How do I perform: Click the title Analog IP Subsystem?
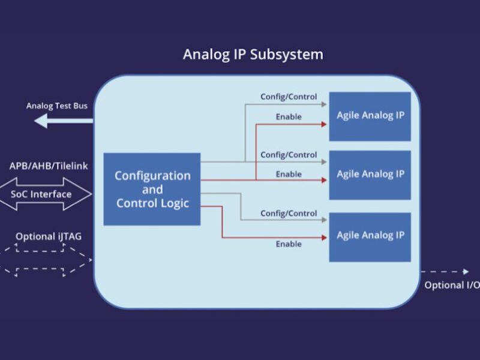point(253,55)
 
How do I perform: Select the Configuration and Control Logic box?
point(152,189)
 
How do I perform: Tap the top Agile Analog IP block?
point(370,116)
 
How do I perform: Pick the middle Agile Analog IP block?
point(370,175)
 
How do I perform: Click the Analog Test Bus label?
point(57,106)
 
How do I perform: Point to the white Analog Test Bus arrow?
point(63,121)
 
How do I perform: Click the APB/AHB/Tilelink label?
point(49,166)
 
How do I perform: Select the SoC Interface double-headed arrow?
point(46,194)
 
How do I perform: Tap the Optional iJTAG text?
point(49,236)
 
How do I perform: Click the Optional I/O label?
point(452,286)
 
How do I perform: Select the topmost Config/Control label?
point(289,97)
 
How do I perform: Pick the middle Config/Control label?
point(289,155)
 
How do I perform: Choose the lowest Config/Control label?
point(289,213)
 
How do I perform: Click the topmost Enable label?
point(289,116)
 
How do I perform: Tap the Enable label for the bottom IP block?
point(289,244)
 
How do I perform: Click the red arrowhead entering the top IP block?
point(323,124)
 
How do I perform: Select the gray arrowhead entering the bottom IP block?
point(323,220)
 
